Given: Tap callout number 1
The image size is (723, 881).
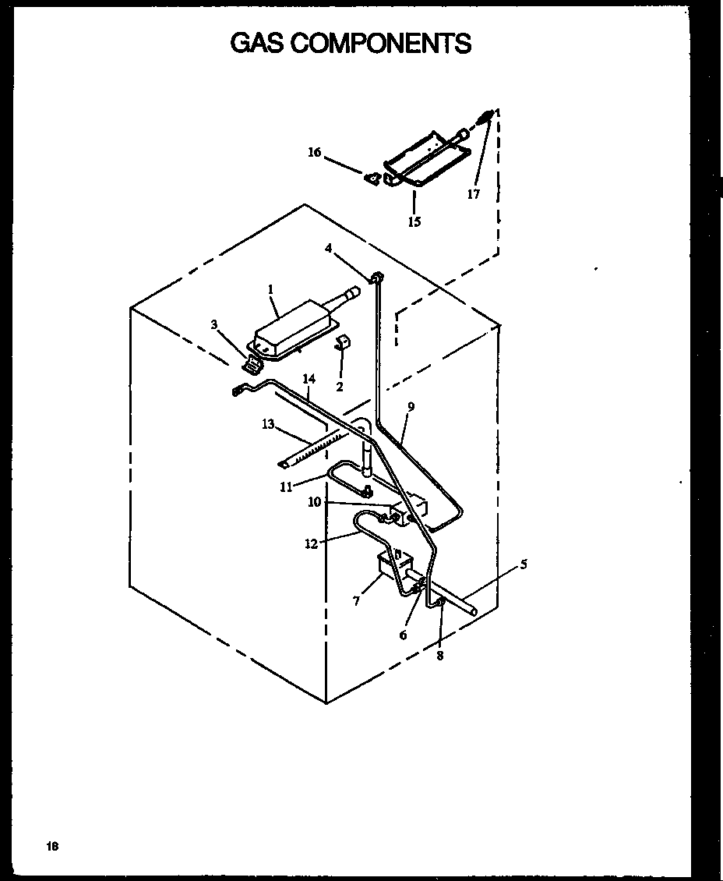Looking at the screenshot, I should point(270,289).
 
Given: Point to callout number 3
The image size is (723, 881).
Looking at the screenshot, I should point(214,324).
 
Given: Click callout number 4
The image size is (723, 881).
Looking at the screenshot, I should point(329,248).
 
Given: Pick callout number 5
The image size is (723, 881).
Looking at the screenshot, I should point(524,564).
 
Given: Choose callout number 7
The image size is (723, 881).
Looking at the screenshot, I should point(356,601).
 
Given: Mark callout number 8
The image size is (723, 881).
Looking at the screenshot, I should point(439,656).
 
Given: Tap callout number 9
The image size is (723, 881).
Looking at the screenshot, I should point(411,406).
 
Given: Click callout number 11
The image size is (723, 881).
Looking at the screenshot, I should point(286,486).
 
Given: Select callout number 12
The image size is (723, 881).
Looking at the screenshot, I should point(312,544).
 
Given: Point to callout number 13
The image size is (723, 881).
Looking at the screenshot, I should point(268,424).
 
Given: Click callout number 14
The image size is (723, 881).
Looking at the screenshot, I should point(309,379).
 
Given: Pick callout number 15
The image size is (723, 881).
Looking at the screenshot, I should point(414,222).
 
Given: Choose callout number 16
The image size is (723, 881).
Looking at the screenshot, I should point(314,153).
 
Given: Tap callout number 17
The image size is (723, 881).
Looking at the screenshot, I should point(474,194).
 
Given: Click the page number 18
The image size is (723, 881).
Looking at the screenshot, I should point(52,847).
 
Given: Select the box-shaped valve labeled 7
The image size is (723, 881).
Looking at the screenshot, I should point(388,565).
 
